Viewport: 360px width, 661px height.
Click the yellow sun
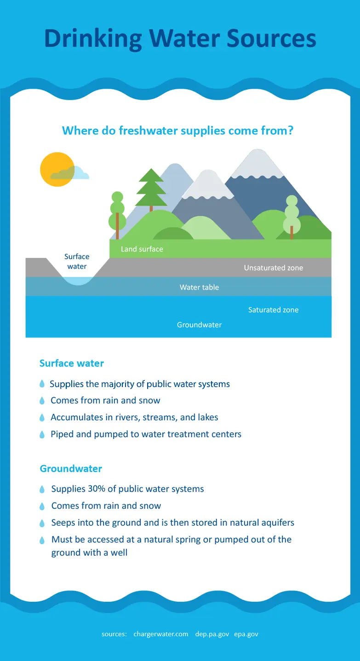57,169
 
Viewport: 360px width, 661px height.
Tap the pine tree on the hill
151,189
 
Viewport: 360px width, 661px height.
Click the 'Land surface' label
142,249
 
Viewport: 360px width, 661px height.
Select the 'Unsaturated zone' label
273,268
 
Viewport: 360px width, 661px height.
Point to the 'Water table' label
199,287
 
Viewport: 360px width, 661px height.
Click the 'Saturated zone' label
273,309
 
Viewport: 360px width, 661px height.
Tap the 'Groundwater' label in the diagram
199,325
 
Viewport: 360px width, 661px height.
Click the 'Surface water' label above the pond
77,262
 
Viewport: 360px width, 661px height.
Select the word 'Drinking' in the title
93,39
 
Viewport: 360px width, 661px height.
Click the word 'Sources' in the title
271,38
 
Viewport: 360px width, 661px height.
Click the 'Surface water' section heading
72,363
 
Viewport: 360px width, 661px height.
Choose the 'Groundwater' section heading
71,468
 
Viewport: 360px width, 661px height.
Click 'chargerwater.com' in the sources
161,634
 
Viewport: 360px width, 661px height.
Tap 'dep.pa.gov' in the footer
212,634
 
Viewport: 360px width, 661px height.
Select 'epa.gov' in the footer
246,634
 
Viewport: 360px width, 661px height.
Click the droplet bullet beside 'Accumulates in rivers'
42,417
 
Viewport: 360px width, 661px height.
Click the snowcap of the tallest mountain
257,164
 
